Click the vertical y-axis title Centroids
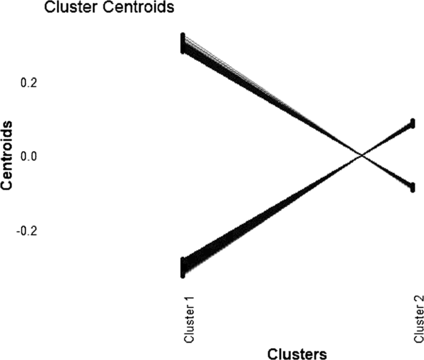tap(9, 156)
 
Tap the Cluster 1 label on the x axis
tap(190, 320)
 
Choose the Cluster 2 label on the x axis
tap(419, 320)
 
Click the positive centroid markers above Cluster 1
tap(183, 43)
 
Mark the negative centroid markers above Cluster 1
tap(183, 267)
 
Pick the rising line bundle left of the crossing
tap(272, 211)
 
